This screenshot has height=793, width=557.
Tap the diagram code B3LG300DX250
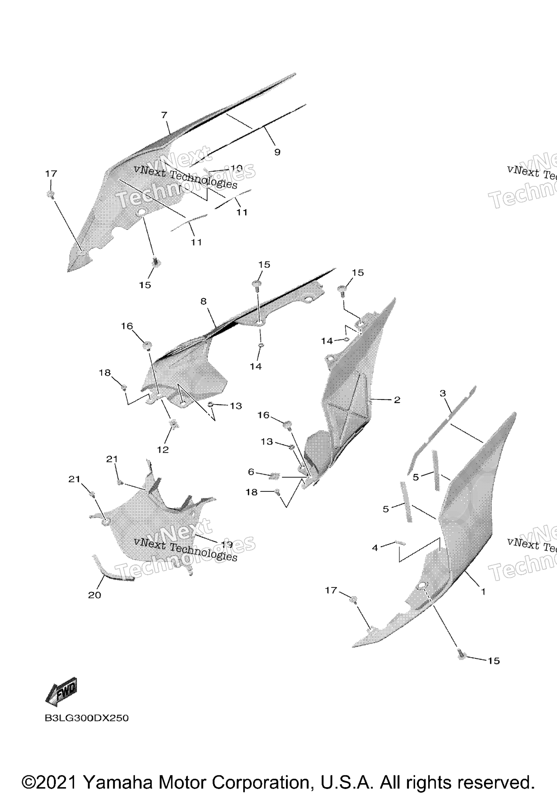87,718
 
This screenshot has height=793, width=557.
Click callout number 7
164,115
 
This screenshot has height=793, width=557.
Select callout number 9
277,152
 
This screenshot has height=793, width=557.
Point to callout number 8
204,301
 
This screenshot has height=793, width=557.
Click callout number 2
397,400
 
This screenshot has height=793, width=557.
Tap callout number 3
443,393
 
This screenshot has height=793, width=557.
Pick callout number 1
483,591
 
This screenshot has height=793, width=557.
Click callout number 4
375,548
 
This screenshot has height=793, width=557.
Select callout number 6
251,472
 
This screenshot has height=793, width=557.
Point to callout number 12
163,450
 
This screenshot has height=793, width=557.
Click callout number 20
95,595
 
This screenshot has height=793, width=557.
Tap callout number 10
236,168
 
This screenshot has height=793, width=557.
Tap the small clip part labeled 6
274,476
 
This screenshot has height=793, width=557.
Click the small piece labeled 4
400,543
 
